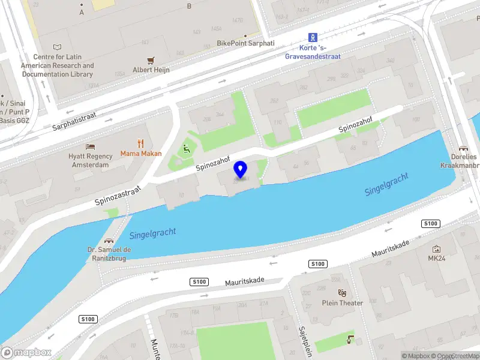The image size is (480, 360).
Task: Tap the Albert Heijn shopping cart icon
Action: (x=151, y=60)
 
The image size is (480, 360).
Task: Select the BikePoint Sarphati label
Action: (x=245, y=43)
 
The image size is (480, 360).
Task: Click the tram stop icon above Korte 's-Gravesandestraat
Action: (x=313, y=37)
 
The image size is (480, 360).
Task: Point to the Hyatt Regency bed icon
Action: (x=90, y=146)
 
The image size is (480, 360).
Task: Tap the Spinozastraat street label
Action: (x=118, y=196)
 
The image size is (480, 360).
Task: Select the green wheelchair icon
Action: (x=186, y=148)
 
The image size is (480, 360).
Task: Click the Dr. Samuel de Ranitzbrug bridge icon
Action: (x=109, y=240)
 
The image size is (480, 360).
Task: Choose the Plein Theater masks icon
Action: (x=343, y=293)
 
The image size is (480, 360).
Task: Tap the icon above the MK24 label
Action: (x=436, y=248)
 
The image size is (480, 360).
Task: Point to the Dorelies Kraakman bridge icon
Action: (x=463, y=148)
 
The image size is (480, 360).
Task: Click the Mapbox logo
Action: (x=26, y=353)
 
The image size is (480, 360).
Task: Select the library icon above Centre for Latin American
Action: (x=57, y=47)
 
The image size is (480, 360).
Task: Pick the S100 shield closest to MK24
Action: (x=431, y=224)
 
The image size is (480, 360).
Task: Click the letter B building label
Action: (x=189, y=6)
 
